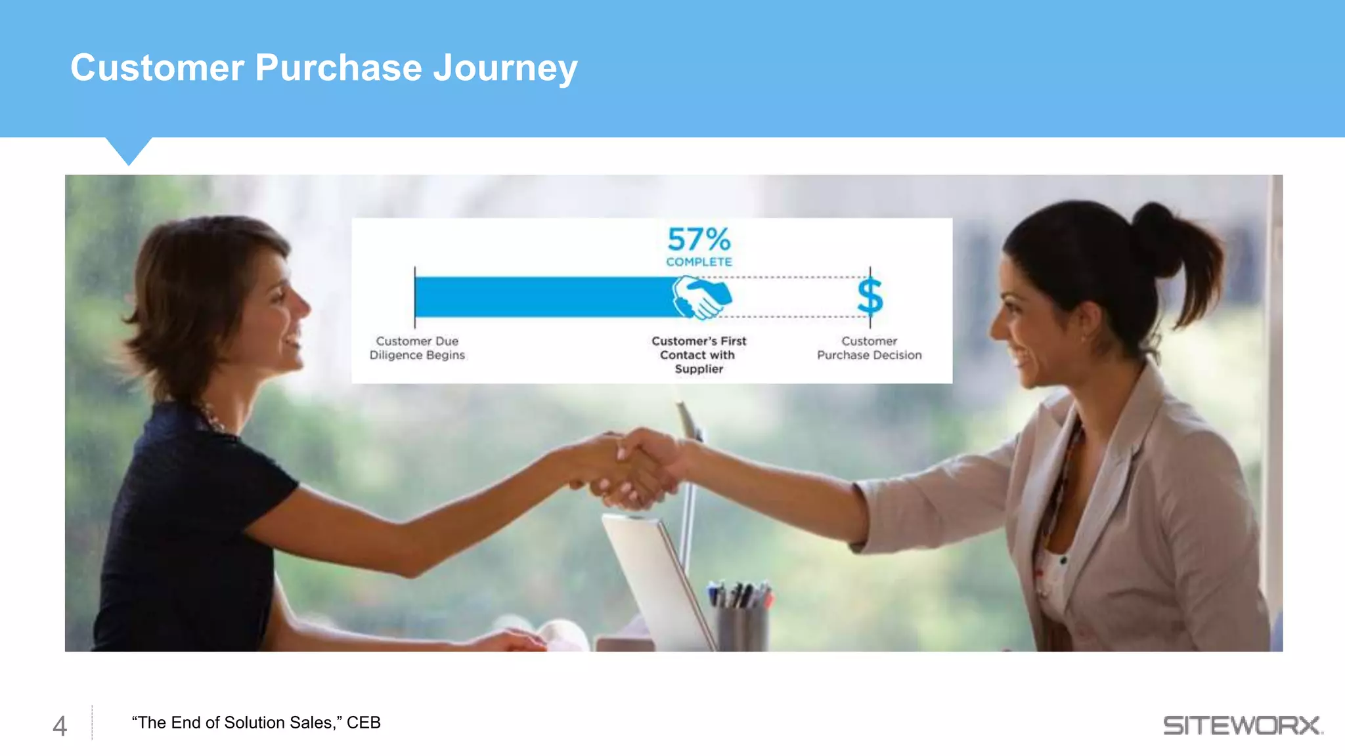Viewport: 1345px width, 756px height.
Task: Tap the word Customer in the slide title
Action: click(x=157, y=68)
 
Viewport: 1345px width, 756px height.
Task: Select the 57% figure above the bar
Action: click(x=699, y=240)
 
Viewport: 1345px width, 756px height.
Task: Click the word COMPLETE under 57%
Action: click(x=699, y=262)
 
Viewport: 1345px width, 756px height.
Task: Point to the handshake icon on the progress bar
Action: click(x=701, y=297)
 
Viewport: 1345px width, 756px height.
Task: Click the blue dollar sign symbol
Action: click(x=870, y=297)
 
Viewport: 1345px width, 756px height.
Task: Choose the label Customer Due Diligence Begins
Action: click(x=417, y=348)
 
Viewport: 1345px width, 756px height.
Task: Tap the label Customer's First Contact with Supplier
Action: click(x=699, y=354)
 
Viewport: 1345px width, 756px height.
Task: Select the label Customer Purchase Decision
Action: click(x=869, y=348)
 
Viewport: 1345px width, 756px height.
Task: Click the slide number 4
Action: click(x=60, y=726)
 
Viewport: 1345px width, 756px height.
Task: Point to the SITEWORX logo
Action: click(x=1242, y=725)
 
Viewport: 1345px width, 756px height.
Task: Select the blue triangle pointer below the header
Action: click(x=129, y=150)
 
